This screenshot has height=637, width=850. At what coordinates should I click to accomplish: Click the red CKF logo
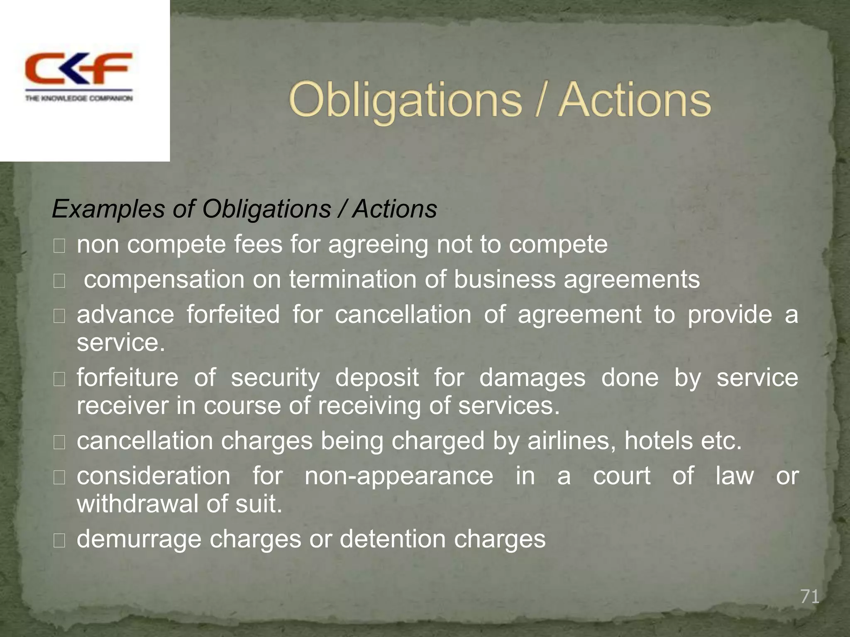click(x=79, y=68)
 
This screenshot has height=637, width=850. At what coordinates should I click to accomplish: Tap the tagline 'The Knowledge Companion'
click(x=79, y=98)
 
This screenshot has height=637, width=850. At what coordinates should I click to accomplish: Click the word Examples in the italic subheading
click(x=108, y=209)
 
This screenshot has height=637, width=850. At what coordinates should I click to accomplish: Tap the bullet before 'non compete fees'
click(x=59, y=247)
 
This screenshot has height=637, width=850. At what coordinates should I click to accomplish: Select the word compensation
click(x=164, y=280)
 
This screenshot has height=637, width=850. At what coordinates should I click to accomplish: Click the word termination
click(x=353, y=279)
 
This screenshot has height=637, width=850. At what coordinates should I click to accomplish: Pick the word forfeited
click(x=233, y=314)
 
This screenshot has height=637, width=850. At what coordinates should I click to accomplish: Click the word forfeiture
click(x=128, y=378)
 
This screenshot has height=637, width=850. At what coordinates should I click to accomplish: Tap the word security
click(x=276, y=378)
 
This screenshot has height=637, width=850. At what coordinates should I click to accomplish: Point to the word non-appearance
click(x=399, y=476)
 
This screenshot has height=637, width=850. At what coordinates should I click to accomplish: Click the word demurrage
click(x=139, y=539)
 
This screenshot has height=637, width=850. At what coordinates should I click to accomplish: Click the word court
click(x=621, y=476)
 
